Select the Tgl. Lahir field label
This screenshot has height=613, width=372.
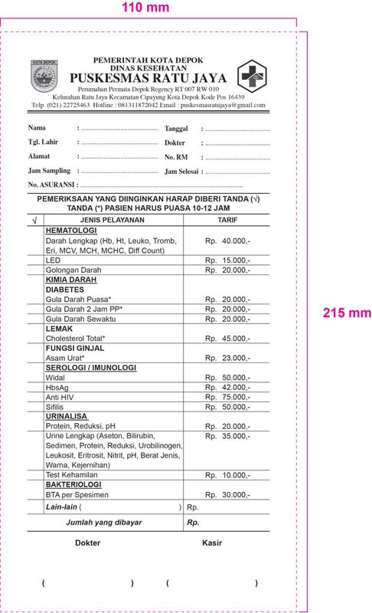pos(44,142)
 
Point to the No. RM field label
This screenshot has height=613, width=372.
pos(176,156)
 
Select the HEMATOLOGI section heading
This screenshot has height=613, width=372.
pos(71,231)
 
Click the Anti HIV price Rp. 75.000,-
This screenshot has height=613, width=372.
pos(228,397)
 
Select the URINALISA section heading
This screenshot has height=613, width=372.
pos(68,417)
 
